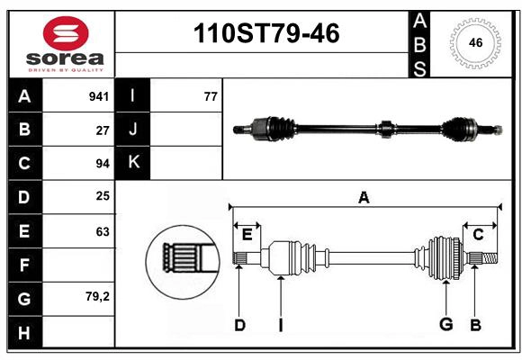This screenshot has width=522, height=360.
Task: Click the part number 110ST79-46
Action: (x=267, y=34)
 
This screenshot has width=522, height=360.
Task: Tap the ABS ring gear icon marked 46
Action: (x=475, y=42)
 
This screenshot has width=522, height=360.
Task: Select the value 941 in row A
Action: (x=99, y=96)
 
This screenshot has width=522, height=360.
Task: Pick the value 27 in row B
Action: (x=103, y=130)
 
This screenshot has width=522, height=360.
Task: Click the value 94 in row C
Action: (x=103, y=164)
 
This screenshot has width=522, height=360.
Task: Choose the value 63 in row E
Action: (x=103, y=231)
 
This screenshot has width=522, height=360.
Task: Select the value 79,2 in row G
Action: (x=97, y=297)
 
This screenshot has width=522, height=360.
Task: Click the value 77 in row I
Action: (x=211, y=96)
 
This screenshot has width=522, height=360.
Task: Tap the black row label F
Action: (x=24, y=265)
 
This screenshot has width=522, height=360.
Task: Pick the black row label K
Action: (x=133, y=163)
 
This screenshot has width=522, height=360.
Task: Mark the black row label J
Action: (x=133, y=130)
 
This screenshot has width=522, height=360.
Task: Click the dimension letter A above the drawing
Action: (x=364, y=198)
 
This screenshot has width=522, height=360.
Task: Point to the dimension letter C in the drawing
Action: (x=478, y=234)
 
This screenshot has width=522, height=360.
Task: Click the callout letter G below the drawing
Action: (x=445, y=325)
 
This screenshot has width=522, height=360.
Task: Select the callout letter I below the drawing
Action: (x=280, y=325)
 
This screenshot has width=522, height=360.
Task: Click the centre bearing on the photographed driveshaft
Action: (x=385, y=129)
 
